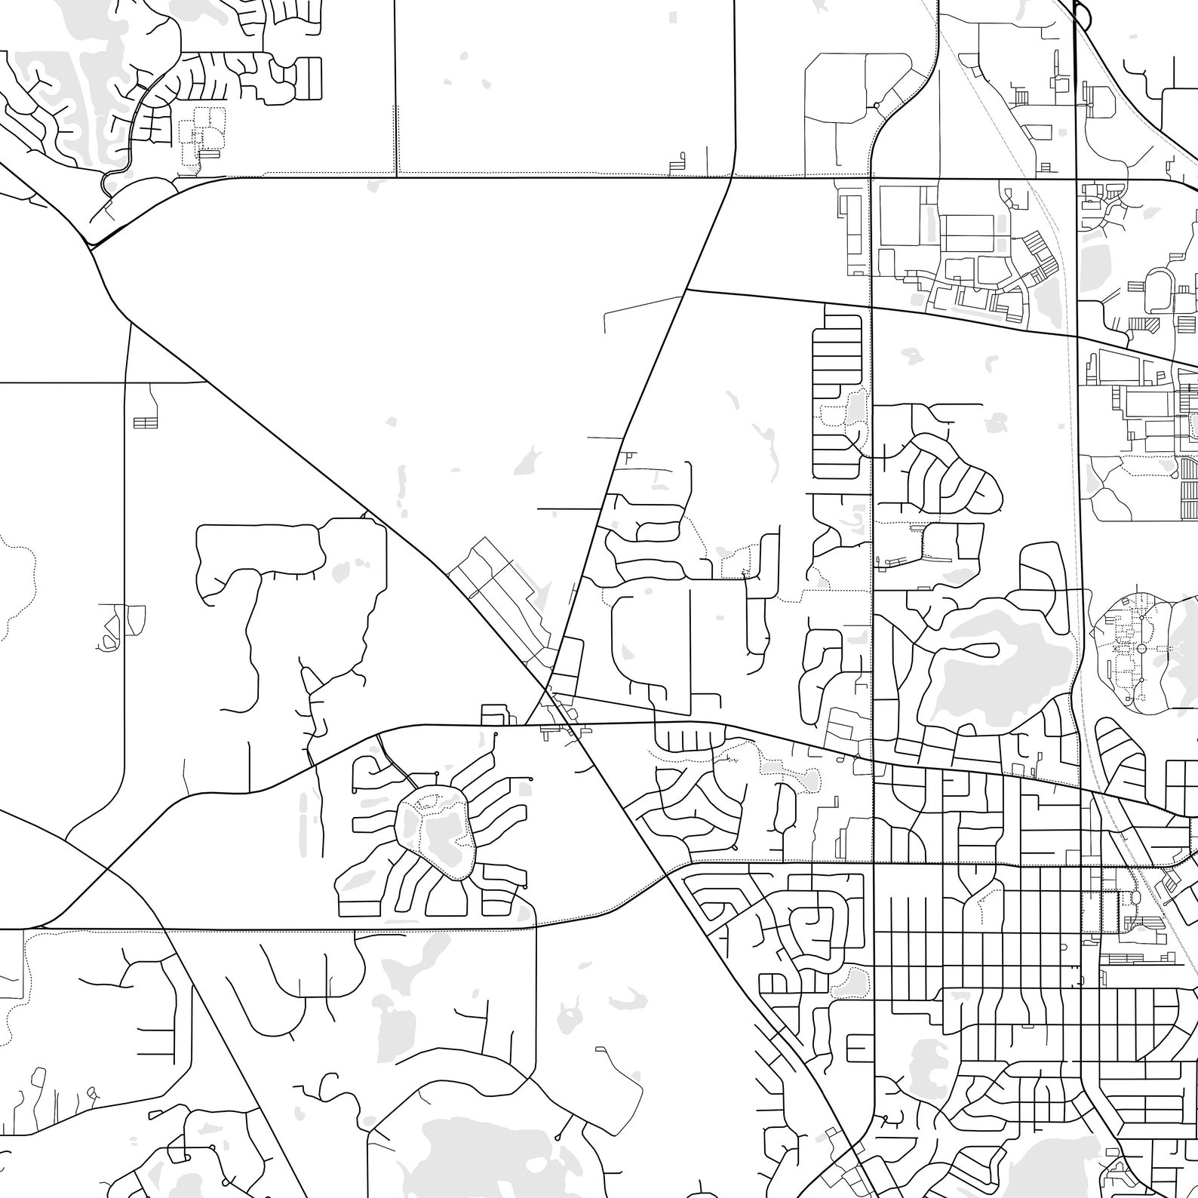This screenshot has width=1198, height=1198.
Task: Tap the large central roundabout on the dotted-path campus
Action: point(1140,649)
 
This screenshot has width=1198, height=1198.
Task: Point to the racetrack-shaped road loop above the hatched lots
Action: point(1159,291)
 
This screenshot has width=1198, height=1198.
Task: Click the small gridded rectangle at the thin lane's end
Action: point(145,422)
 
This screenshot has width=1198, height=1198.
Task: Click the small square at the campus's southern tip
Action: point(1141,706)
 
